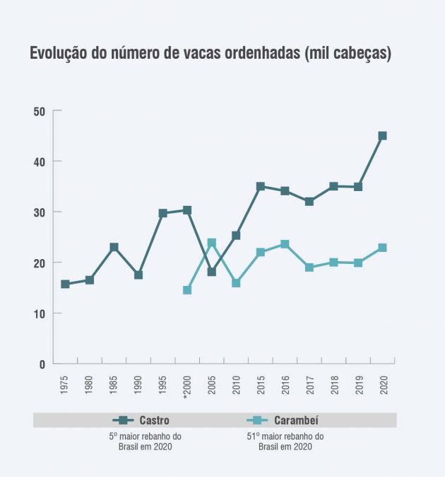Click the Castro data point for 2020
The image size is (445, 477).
[x=382, y=136]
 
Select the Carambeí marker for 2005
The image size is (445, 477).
[x=211, y=243]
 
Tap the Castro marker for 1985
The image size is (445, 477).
[x=114, y=248]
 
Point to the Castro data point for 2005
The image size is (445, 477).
[x=211, y=272]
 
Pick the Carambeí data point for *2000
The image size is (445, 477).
[x=187, y=290]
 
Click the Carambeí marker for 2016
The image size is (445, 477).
[x=285, y=244]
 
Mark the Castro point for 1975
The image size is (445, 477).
[x=65, y=285]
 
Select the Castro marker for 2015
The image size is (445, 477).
[x=260, y=187]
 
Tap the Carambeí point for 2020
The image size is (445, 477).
[x=382, y=248]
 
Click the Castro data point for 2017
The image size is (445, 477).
[x=309, y=202]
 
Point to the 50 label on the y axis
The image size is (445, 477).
[x=39, y=111]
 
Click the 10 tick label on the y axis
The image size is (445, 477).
[x=39, y=314]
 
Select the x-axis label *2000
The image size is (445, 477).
[x=187, y=387]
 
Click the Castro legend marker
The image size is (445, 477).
[x=123, y=420]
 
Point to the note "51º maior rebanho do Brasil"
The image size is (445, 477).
[x=285, y=442]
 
